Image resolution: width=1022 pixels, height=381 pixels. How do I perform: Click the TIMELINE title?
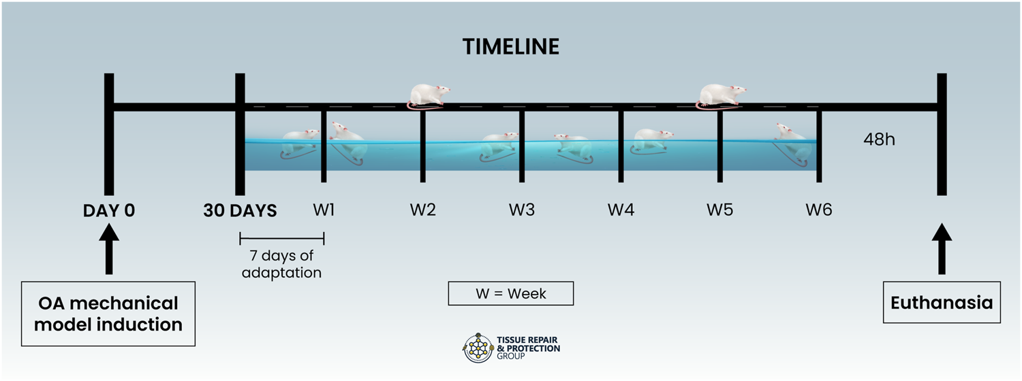[x=511, y=47]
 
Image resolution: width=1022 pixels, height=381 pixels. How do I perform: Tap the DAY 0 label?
[x=109, y=210]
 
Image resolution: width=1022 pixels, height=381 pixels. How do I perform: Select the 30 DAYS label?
[x=240, y=210]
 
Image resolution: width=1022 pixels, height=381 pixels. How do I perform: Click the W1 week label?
[x=324, y=210]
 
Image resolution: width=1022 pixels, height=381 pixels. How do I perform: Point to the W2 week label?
[x=423, y=210]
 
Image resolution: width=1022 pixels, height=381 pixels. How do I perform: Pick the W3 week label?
[x=522, y=210]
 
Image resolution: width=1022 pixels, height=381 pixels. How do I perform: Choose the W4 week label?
[x=621, y=210]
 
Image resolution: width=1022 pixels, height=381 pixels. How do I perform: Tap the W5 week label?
[x=720, y=210]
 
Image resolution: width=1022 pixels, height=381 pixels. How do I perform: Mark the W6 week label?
[x=819, y=210]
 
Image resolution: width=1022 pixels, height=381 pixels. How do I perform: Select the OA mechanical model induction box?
[x=108, y=314]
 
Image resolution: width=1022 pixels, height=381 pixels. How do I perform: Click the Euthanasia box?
[x=942, y=303]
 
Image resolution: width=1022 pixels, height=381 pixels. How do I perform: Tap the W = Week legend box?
[x=510, y=294]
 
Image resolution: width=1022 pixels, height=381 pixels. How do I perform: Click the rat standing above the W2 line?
[x=428, y=95]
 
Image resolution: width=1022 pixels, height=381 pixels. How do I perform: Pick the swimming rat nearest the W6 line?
[x=794, y=143]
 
